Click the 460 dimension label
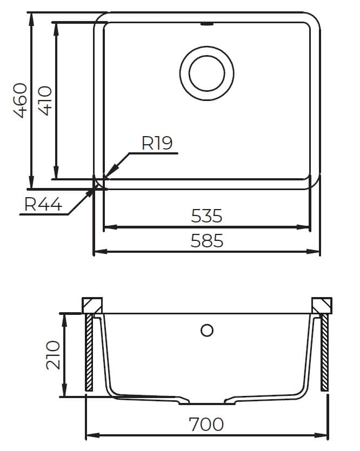(x=21, y=100)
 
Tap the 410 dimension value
(x=45, y=100)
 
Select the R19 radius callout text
(x=157, y=143)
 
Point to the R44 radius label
(x=43, y=204)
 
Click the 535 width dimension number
(x=206, y=216)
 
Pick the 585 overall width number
(x=206, y=241)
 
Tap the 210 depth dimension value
(x=53, y=355)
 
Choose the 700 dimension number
(x=206, y=424)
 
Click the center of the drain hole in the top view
(x=206, y=73)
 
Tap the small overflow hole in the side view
(x=207, y=331)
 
